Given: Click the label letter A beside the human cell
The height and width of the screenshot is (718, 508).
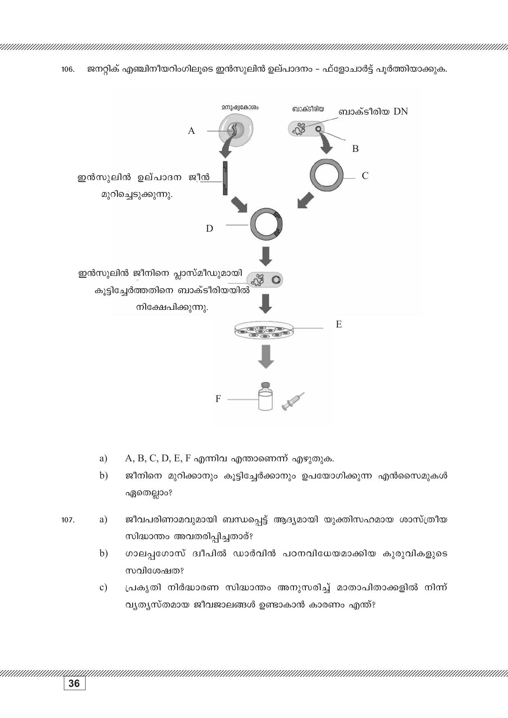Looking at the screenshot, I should pyautogui.click(x=191, y=131).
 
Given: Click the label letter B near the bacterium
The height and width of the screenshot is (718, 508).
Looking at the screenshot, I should pyautogui.click(x=355, y=149).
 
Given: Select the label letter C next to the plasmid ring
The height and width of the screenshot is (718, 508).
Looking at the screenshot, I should pyautogui.click(x=365, y=176).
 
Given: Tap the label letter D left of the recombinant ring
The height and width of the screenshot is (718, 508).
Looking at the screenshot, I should pyautogui.click(x=209, y=228).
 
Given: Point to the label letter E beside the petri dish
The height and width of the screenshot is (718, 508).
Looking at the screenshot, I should pyautogui.click(x=339, y=325).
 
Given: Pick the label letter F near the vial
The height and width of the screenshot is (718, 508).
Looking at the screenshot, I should pyautogui.click(x=218, y=399).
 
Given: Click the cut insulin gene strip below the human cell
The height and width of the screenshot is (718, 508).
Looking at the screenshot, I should pyautogui.click(x=225, y=178).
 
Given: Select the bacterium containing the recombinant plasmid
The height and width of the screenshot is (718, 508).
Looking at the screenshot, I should pyautogui.click(x=265, y=280).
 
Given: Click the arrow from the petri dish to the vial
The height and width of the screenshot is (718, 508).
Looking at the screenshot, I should pyautogui.click(x=266, y=357).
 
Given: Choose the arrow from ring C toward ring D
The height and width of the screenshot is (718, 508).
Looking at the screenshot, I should pyautogui.click(x=305, y=201).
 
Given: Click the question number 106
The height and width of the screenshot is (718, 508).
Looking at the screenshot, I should pyautogui.click(x=68, y=70).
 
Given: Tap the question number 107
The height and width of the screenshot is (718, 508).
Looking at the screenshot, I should pyautogui.click(x=68, y=520).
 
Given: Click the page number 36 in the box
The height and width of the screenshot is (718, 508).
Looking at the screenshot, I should pyautogui.click(x=75, y=684).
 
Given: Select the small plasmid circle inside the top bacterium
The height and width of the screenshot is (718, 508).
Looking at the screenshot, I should pyautogui.click(x=318, y=129).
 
